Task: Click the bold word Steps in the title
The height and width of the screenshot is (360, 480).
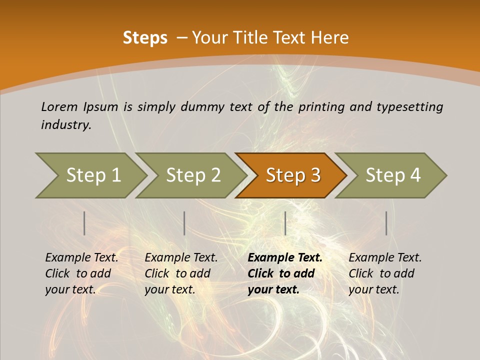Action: (145, 38)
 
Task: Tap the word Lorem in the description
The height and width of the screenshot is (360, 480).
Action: (59, 106)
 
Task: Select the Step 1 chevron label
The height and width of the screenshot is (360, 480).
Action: (93, 175)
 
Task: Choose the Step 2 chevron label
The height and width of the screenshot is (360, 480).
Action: (193, 175)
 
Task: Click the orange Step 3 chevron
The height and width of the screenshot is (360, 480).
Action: (293, 175)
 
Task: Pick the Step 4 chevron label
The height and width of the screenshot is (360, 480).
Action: (393, 175)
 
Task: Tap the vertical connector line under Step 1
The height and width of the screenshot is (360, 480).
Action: (84, 223)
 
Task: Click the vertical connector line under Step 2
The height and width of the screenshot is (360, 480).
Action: (184, 223)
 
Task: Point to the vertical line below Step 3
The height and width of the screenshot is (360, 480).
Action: (285, 223)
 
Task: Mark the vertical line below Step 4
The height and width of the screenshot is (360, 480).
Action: (386, 223)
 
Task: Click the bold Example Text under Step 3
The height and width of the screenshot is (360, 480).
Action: (285, 257)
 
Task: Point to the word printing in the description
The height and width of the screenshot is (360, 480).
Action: (320, 106)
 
